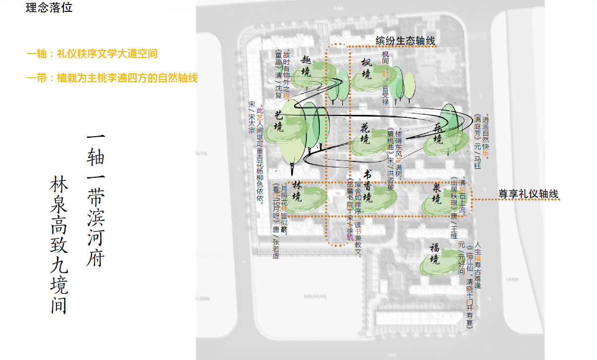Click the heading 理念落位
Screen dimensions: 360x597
coord(49,8)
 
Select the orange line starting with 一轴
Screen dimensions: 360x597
coord(92,54)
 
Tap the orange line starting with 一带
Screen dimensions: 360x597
coord(112,78)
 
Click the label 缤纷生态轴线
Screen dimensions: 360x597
coord(405,41)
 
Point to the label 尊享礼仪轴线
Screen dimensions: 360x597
coord(528,195)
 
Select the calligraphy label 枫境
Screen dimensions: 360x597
coord(366,69)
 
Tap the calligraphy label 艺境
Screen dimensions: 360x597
coord(279,120)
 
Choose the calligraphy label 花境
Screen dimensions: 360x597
coord(365,133)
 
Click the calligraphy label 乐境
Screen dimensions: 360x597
coord(438,133)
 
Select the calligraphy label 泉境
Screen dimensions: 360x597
coord(436,193)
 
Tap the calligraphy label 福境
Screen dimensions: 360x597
coord(434,253)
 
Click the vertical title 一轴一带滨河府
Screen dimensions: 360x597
coord(95,201)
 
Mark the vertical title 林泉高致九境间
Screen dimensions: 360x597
coord(58,245)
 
